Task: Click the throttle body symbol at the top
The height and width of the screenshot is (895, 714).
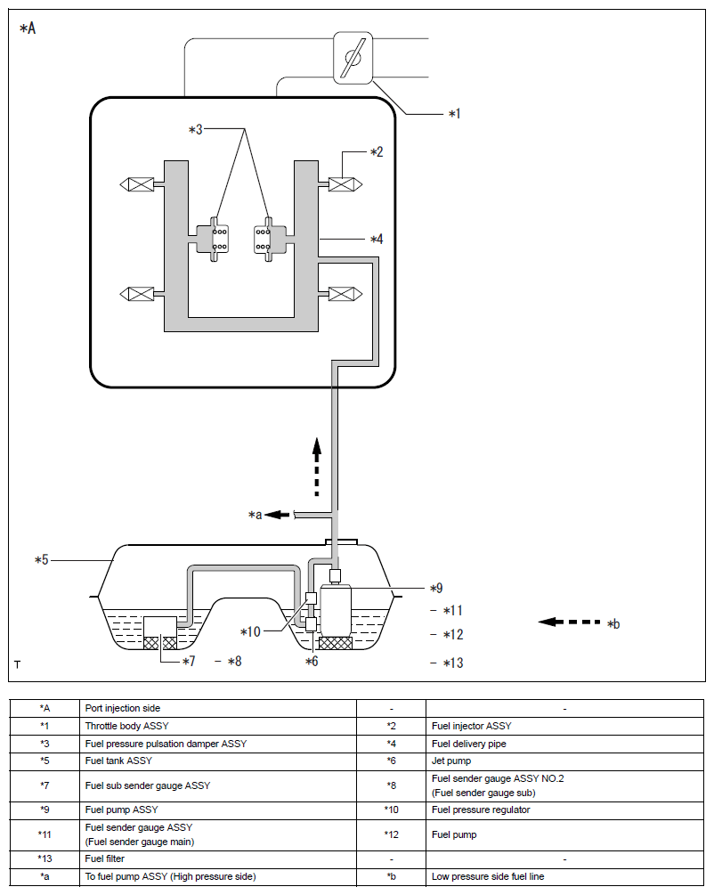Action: pos(353,58)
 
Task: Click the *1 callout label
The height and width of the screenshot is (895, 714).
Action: pos(454,114)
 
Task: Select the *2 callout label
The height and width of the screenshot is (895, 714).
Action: pos(377,152)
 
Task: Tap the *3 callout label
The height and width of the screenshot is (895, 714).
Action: pos(196,130)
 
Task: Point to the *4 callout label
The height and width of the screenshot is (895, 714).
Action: pos(377,240)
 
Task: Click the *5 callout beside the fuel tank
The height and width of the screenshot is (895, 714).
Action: pos(42,560)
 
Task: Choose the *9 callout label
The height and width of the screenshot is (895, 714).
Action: pos(435,588)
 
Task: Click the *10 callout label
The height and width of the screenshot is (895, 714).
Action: pos(250,631)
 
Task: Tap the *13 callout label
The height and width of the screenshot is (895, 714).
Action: pos(452,663)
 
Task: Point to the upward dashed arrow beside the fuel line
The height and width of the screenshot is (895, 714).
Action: pos(316,467)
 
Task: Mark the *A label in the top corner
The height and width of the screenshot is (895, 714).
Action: pos(28,28)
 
